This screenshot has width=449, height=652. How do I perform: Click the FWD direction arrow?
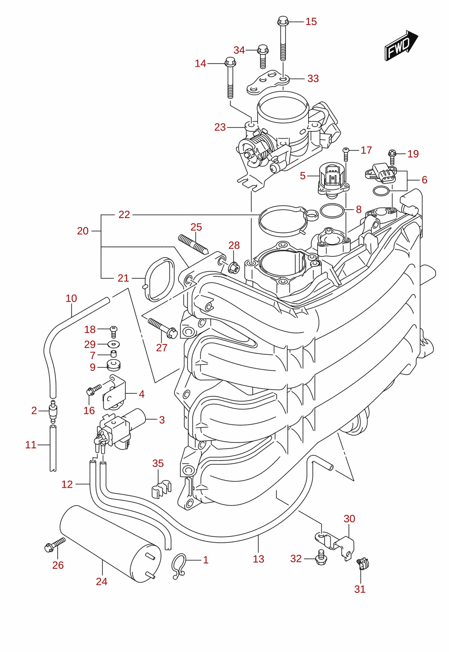[x=401, y=45]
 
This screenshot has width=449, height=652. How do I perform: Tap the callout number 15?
[x=311, y=21]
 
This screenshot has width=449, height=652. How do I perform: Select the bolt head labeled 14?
[x=230, y=61]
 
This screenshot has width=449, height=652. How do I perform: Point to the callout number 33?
[x=313, y=78]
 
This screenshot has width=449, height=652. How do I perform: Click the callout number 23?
[x=220, y=127]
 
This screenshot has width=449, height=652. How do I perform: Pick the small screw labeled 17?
[x=346, y=154]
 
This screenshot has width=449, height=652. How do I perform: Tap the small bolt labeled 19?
[x=392, y=157]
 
